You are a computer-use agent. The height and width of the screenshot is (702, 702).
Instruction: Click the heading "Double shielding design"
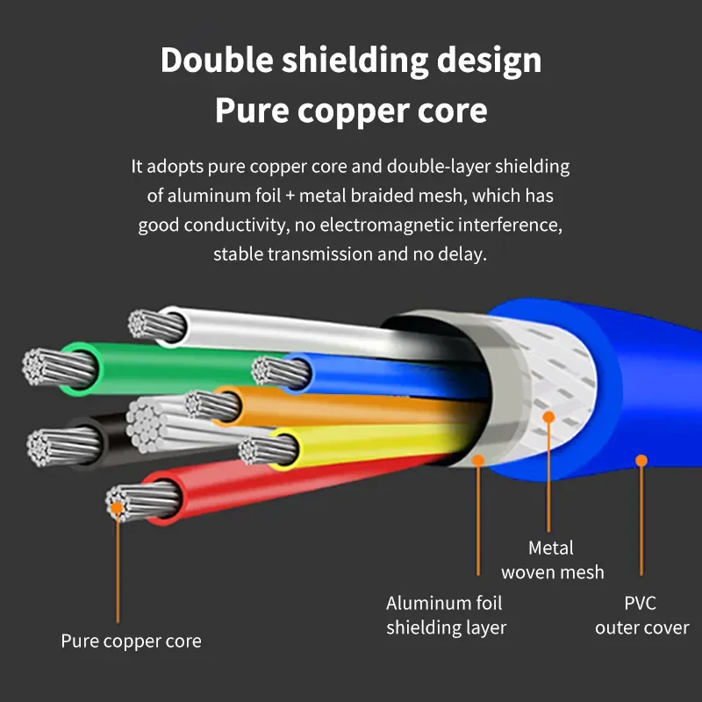click(x=351, y=61)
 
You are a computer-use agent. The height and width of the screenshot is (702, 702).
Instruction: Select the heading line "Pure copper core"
click(x=351, y=111)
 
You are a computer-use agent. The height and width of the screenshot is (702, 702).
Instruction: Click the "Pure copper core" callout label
click(x=131, y=641)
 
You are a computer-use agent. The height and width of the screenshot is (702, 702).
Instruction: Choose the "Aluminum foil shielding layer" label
click(x=446, y=615)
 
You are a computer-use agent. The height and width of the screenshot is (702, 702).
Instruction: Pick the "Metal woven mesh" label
click(x=552, y=560)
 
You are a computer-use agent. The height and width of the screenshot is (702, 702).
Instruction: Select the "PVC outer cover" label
click(x=641, y=615)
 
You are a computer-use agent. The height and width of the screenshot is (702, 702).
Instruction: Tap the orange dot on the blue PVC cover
click(x=641, y=460)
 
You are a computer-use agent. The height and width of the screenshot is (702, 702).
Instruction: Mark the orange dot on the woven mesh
click(x=549, y=415)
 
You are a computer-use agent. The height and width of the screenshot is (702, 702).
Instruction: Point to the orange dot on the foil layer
click(x=478, y=460)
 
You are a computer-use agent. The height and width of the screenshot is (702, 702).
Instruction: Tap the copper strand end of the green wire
click(x=44, y=366)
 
